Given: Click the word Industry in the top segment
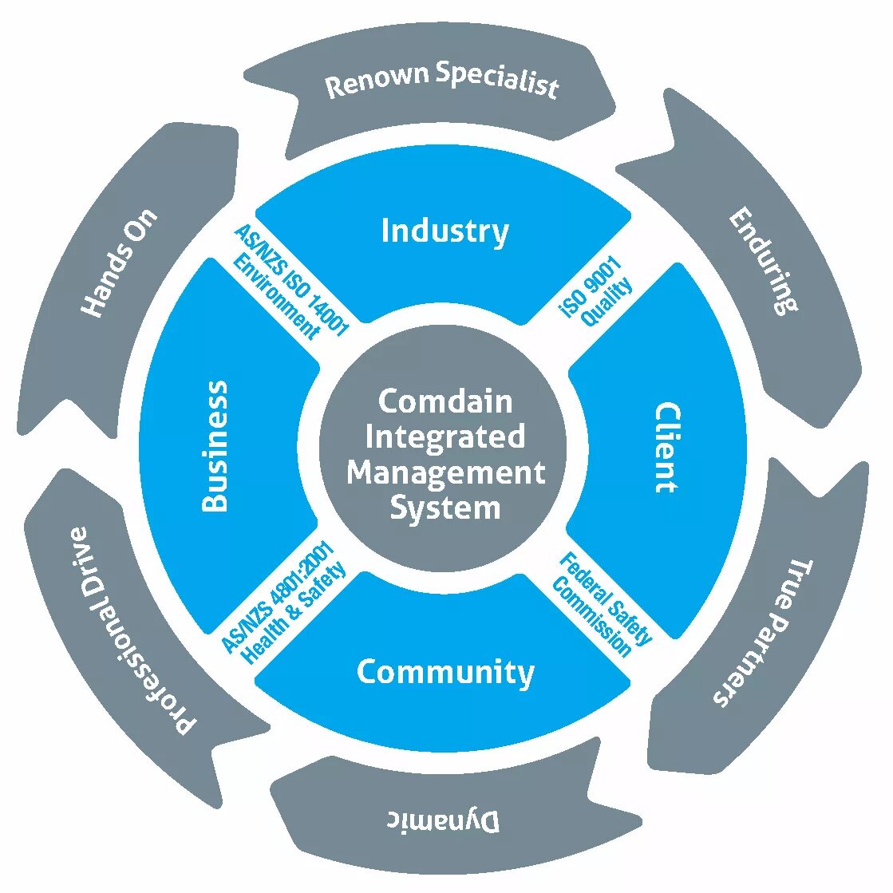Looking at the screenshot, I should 445,231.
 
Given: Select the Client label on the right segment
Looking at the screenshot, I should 667,448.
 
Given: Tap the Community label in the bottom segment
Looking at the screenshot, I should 445,672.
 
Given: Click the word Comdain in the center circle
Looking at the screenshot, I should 445,401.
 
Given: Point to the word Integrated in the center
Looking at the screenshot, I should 445,437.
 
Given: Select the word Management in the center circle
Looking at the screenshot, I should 445,472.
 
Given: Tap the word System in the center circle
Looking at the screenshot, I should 445,508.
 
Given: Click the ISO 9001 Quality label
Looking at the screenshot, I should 597,292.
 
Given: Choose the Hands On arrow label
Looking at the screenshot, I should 120,263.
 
